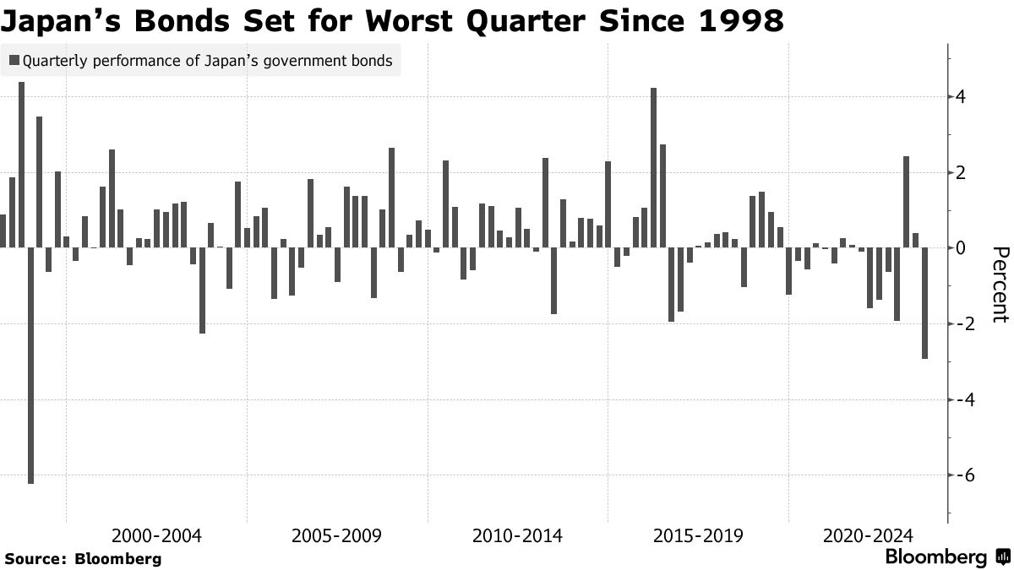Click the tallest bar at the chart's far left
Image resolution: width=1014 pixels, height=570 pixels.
(x=21, y=165)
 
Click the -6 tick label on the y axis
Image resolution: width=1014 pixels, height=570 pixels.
(x=958, y=475)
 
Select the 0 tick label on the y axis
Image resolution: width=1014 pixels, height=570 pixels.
(x=962, y=248)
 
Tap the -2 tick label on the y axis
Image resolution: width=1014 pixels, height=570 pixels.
(x=958, y=324)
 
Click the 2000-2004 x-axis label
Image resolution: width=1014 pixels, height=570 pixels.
(x=156, y=536)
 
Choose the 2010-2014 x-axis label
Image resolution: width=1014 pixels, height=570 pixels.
(x=517, y=536)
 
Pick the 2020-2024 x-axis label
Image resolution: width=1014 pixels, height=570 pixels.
(x=868, y=536)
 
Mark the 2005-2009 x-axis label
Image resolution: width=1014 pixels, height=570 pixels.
(x=336, y=536)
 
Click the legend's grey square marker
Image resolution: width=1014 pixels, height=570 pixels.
(x=14, y=61)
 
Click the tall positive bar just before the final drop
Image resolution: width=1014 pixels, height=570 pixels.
(x=907, y=202)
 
